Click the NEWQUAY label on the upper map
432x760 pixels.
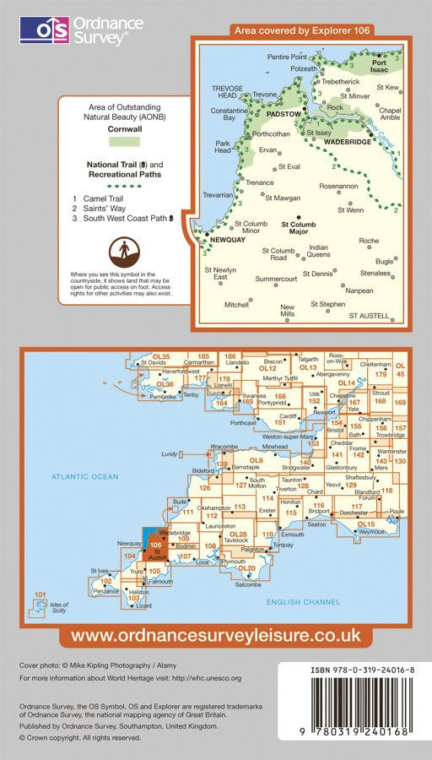[x=227, y=240]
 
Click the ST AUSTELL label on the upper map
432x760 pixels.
[x=370, y=315]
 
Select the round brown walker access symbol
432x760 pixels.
[x=123, y=252]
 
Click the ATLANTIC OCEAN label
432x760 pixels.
[x=84, y=477]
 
